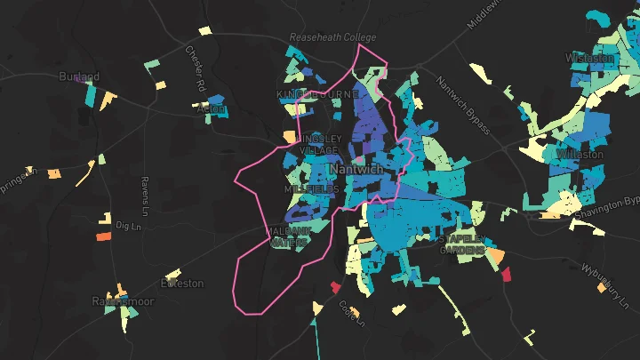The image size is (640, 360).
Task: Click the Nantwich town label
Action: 356,169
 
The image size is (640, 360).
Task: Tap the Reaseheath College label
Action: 333,37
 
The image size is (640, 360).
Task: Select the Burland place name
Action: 79,77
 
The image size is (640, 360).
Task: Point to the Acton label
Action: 212,109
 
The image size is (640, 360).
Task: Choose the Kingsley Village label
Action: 316,145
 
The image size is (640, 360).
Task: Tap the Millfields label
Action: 311,190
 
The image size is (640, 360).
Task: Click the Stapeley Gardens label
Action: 462,244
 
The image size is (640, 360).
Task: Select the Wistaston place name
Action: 590,59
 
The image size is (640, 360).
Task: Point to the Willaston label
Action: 579,154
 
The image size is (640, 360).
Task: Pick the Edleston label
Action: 182,284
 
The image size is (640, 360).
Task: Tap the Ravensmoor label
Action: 123,301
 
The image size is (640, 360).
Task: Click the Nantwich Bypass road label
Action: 462,105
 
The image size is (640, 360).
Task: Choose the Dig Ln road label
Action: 129,227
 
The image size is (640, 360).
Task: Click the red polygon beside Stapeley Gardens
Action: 506,275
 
